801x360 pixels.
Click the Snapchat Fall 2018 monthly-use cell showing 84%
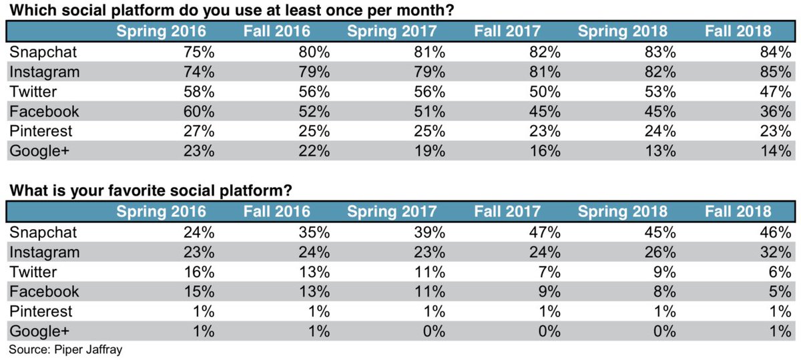click(x=777, y=52)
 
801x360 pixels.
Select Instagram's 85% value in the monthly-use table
click(x=777, y=71)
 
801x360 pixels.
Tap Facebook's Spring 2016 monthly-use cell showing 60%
click(x=200, y=111)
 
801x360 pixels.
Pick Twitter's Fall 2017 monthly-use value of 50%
click(x=545, y=92)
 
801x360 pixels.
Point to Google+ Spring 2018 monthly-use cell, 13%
click(x=661, y=151)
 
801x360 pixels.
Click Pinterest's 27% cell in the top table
click(x=200, y=131)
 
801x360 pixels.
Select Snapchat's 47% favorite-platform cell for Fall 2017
click(x=545, y=232)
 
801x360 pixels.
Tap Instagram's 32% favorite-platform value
click(x=777, y=252)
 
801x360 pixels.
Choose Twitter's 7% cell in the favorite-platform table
click(x=551, y=272)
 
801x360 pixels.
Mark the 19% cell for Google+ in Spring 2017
click(x=431, y=151)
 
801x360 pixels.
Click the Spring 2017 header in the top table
click(x=392, y=31)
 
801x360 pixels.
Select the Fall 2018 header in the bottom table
click(x=738, y=212)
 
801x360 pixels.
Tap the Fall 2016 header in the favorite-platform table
click(x=276, y=212)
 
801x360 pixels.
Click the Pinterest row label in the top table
click(x=39, y=131)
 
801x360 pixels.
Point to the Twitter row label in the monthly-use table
click(x=33, y=92)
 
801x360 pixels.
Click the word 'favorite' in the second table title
click(x=126, y=191)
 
